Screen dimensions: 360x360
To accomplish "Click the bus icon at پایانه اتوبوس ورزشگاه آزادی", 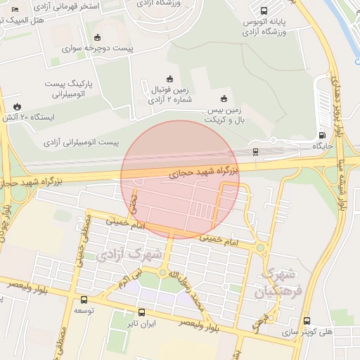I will pos(264,11).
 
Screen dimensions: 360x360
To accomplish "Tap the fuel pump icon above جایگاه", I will pos(323,135).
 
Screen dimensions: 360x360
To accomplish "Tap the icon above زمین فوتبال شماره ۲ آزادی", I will pos(169,78).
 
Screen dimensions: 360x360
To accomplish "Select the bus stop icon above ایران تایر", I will pos(142,312).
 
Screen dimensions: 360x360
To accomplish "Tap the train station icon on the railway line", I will pos(255,151).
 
